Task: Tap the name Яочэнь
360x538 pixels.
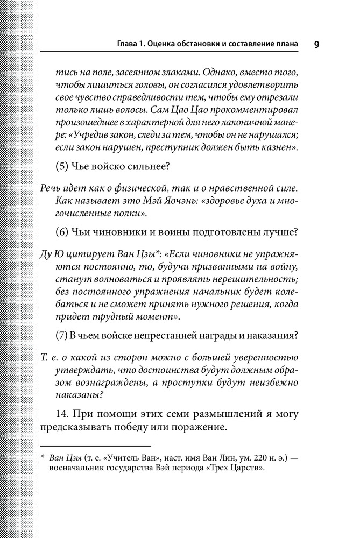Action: coord(221,201)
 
